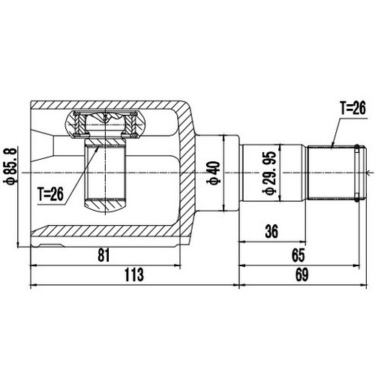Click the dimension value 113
(133, 276)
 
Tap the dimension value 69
(302, 276)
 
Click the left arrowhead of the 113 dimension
(32, 285)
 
